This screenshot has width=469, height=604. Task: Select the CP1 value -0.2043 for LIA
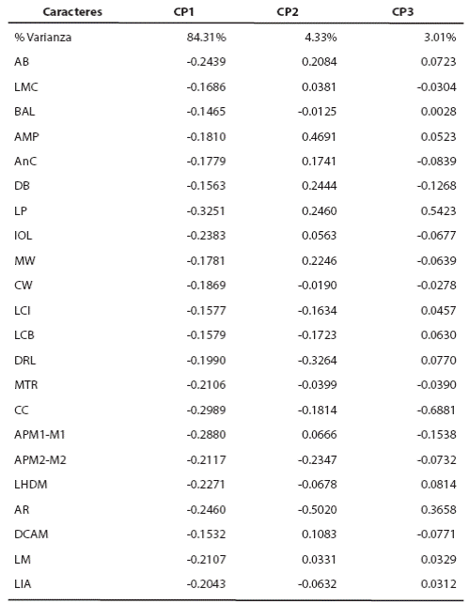204,583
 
